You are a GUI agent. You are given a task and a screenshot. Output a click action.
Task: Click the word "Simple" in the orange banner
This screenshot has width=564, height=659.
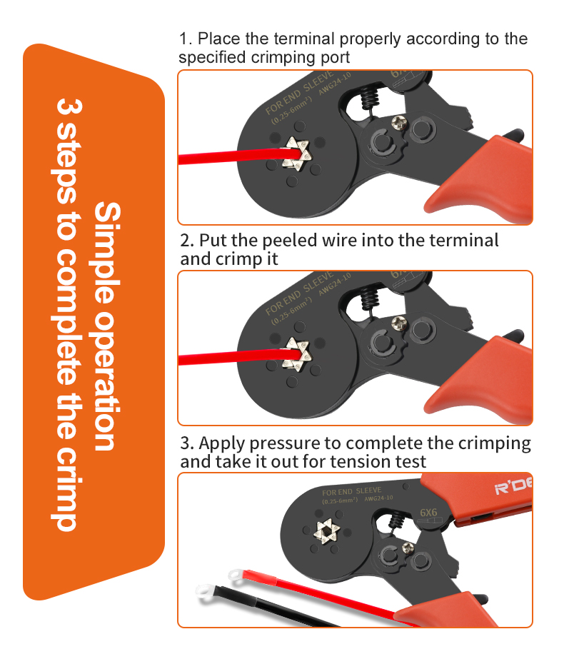tap(107, 253)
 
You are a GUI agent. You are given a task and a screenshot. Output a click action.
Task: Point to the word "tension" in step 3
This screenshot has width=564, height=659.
tap(359, 462)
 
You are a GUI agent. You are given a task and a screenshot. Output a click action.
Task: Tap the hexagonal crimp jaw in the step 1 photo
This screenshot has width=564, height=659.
tap(298, 154)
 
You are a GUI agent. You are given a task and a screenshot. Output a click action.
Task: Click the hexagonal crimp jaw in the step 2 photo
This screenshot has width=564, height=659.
tap(298, 354)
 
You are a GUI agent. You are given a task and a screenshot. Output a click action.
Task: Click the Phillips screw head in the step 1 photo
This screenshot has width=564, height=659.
tap(399, 123)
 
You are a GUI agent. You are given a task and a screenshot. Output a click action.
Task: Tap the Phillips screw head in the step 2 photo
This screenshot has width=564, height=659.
tap(399, 323)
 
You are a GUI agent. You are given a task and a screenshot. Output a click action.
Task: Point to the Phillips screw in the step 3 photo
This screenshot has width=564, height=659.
tap(408, 548)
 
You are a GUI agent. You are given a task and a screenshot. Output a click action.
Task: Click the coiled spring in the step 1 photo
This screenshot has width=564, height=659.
tap(370, 100)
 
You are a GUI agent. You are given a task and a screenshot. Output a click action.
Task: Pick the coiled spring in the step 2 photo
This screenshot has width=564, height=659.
tap(370, 300)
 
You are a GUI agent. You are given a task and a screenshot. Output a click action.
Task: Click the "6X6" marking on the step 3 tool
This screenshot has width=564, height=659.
tap(428, 513)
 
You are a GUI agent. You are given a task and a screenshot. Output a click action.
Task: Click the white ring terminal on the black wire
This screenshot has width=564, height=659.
tap(206, 592)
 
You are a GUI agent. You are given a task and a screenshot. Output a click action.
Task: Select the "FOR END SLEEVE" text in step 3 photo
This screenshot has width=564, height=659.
tap(352, 491)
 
